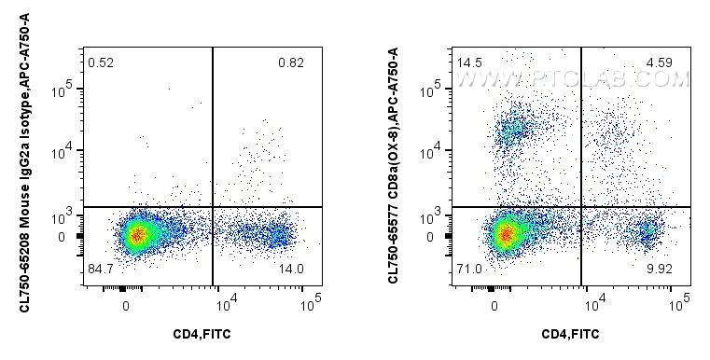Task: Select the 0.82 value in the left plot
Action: [x=290, y=62]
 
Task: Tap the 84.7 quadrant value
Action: [x=101, y=270]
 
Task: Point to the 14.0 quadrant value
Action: [x=290, y=270]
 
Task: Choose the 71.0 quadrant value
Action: [x=469, y=270]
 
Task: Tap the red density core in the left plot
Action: [x=136, y=235]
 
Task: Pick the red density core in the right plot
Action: [x=505, y=233]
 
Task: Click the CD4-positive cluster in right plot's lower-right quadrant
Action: [x=646, y=231]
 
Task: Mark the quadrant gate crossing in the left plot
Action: [x=213, y=206]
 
